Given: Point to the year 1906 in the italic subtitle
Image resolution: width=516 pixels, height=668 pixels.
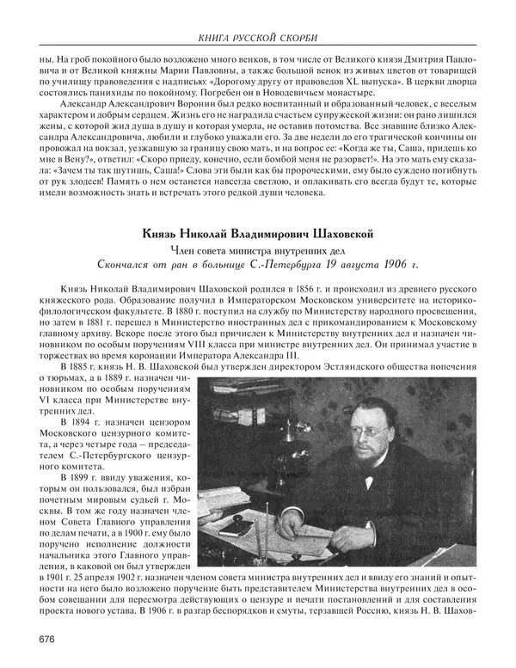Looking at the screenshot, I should tap(389, 263).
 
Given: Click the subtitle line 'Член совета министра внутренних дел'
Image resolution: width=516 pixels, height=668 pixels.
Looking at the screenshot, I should tap(258, 248).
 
